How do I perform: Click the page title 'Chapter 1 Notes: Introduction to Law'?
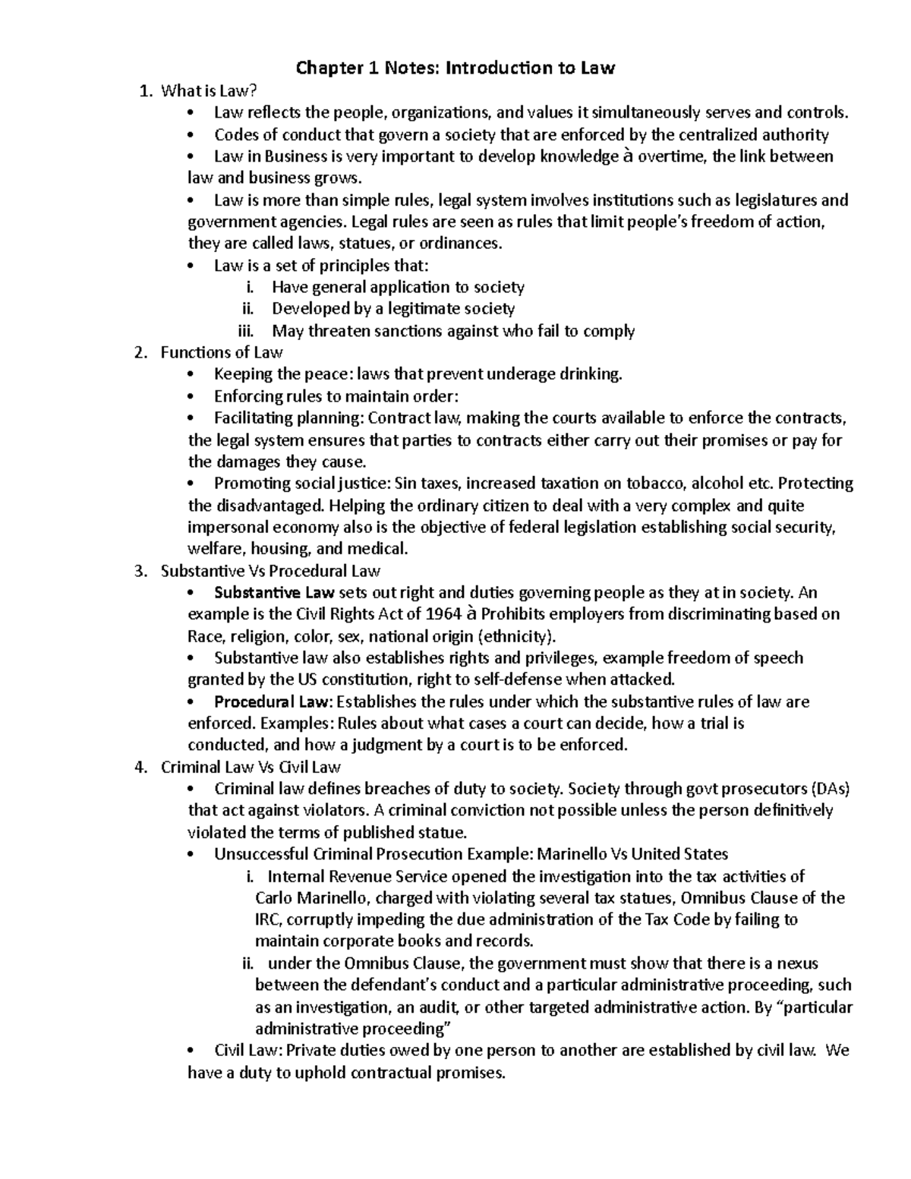click(x=455, y=68)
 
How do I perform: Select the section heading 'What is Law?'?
click(x=205, y=91)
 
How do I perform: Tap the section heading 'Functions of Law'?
click(x=222, y=352)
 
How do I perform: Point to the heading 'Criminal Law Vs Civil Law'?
click(x=251, y=767)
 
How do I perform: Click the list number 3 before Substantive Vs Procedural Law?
click(x=139, y=571)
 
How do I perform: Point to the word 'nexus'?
click(x=798, y=964)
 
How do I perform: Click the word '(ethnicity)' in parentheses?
click(x=516, y=636)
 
